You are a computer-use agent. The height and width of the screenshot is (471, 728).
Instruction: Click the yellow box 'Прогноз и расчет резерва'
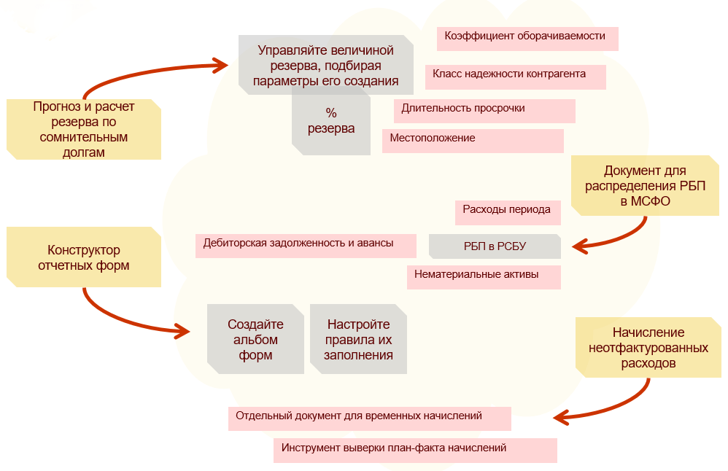pyautogui.click(x=83, y=129)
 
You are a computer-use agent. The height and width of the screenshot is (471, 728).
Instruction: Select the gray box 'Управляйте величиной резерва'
pyautogui.click(x=325, y=65)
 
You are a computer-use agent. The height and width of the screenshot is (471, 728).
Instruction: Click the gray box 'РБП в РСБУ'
pyautogui.click(x=495, y=246)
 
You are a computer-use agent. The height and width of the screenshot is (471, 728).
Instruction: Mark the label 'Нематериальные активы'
pyautogui.click(x=484, y=276)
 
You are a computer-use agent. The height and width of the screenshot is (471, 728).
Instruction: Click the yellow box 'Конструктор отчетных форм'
pyautogui.click(x=83, y=257)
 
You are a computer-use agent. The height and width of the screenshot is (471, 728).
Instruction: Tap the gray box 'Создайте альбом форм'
pyautogui.click(x=255, y=340)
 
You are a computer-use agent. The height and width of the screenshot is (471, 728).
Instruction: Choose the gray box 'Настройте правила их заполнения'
pyautogui.click(x=358, y=340)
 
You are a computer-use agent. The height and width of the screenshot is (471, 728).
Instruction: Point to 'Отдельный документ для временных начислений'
pyautogui.click(x=369, y=418)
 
